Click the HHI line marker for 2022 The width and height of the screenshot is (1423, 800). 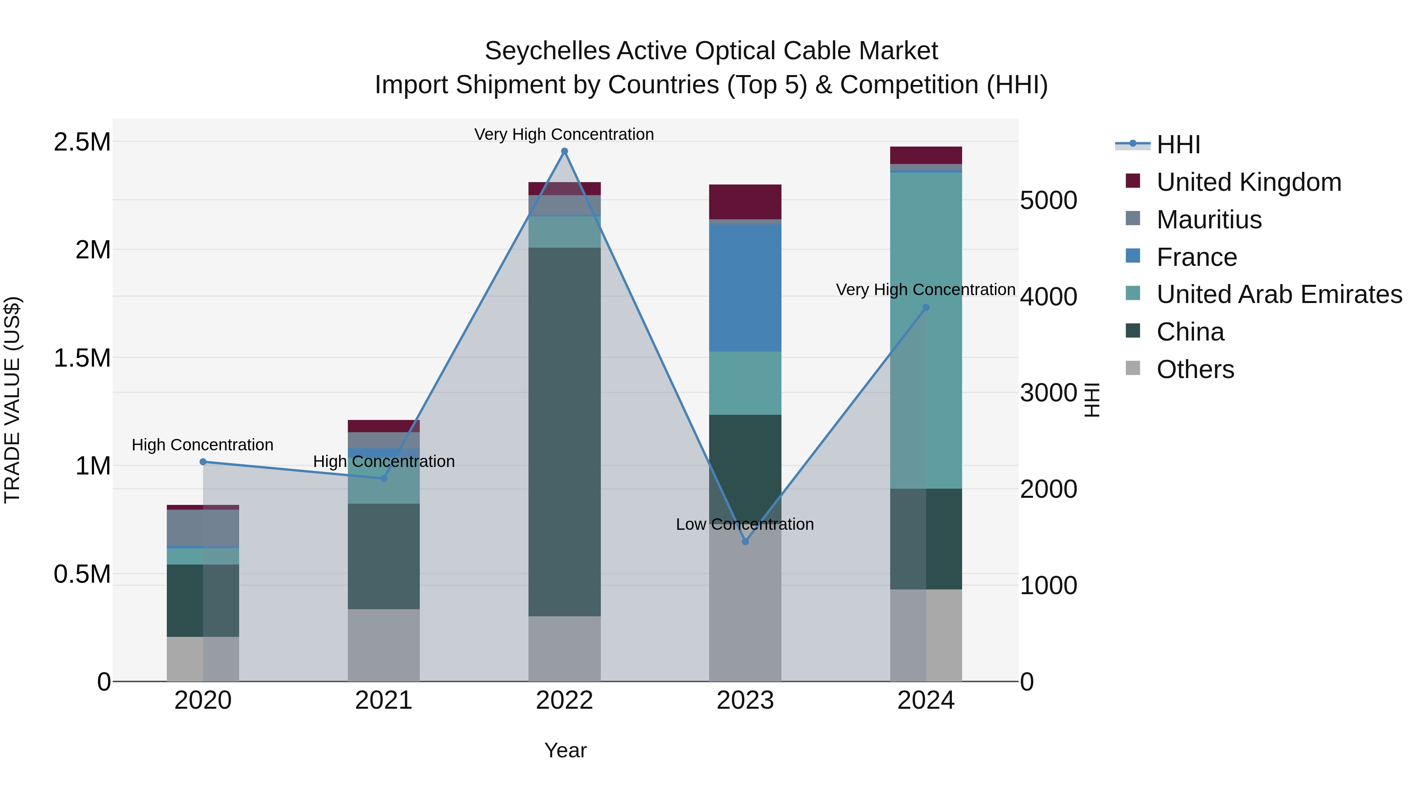point(564,151)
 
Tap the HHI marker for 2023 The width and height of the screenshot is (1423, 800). point(745,542)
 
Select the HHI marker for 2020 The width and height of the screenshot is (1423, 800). point(203,461)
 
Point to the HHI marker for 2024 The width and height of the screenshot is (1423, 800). point(926,307)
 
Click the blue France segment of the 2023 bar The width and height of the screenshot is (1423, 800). point(745,287)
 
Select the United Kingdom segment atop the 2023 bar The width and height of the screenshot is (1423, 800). point(745,201)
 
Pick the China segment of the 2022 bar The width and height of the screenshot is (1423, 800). point(564,431)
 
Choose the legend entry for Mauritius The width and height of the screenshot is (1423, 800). point(1209,219)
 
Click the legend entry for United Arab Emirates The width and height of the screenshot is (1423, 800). point(1279,294)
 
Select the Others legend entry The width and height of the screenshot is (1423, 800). point(1195,369)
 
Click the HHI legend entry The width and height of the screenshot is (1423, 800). point(1178,145)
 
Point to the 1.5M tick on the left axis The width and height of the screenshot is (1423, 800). point(82,358)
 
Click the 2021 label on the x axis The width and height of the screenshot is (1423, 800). point(383,700)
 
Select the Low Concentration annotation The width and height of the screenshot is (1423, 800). point(745,524)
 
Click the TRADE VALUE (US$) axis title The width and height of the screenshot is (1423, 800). point(12,400)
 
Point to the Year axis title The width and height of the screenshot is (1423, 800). point(565,750)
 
